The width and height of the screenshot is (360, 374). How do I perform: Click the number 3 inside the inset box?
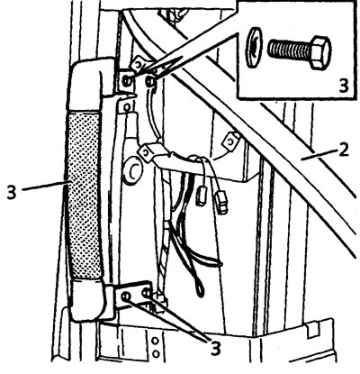344,86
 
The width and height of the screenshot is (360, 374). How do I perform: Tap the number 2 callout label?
345,151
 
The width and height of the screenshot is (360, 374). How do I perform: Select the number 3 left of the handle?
12,192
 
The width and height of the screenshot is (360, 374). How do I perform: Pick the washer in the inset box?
254,47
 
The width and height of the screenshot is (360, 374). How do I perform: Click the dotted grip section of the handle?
84,195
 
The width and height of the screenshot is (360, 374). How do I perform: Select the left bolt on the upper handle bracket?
127,79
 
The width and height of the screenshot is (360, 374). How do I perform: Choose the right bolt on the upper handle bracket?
149,81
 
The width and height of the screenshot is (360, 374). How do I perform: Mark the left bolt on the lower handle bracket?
126,296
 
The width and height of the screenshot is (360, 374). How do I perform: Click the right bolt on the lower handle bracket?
146,293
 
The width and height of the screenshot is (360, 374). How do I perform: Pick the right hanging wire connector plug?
222,203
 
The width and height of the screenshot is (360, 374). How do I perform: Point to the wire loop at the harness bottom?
199,286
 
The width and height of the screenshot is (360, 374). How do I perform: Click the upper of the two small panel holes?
156,342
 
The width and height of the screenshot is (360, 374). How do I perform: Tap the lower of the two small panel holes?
156,354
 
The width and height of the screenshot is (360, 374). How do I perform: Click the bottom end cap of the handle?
87,299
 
